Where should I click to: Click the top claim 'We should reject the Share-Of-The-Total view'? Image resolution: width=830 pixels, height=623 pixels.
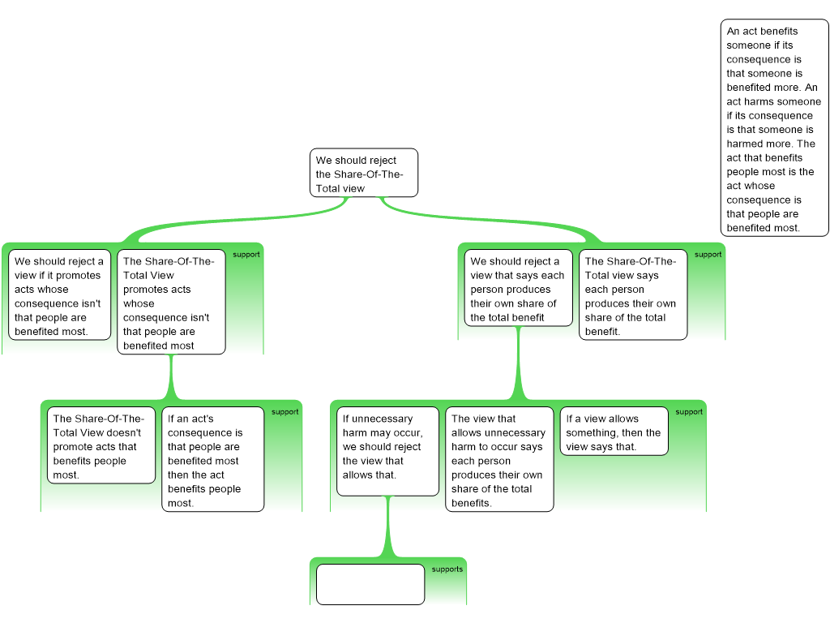click(x=364, y=173)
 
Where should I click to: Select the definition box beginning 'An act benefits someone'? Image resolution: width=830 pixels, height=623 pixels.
click(x=774, y=129)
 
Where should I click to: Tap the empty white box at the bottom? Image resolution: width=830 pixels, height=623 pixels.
click(x=370, y=584)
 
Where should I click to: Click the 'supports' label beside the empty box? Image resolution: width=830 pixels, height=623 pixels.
click(x=447, y=569)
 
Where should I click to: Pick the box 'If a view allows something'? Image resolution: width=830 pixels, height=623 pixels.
click(x=614, y=432)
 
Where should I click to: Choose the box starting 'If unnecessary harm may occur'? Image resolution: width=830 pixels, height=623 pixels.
click(x=387, y=452)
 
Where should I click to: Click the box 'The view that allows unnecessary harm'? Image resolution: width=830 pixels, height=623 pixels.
click(x=498, y=460)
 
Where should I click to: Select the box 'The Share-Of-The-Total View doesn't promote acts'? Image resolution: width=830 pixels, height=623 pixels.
click(x=101, y=446)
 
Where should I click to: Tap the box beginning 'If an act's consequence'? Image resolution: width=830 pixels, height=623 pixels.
click(x=212, y=459)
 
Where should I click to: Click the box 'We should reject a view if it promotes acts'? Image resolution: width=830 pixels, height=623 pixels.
click(x=60, y=295)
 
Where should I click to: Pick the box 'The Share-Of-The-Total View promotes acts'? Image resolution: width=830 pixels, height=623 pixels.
click(x=171, y=302)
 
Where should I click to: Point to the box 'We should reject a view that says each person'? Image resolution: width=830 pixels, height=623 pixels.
click(x=518, y=288)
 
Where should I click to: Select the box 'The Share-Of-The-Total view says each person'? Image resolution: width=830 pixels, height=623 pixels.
click(x=632, y=294)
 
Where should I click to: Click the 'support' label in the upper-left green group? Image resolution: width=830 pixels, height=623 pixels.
click(x=246, y=255)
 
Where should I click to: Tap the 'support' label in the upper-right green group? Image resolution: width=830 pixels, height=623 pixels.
click(x=708, y=255)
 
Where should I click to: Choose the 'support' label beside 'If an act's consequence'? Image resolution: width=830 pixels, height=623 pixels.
click(x=285, y=412)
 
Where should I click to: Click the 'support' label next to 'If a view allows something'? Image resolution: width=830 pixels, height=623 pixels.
click(x=689, y=412)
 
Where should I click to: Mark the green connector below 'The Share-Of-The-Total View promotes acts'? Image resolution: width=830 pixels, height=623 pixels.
click(x=171, y=377)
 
